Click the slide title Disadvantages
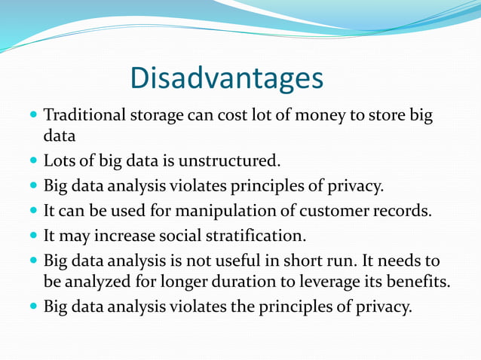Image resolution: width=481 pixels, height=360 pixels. click(x=226, y=78)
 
